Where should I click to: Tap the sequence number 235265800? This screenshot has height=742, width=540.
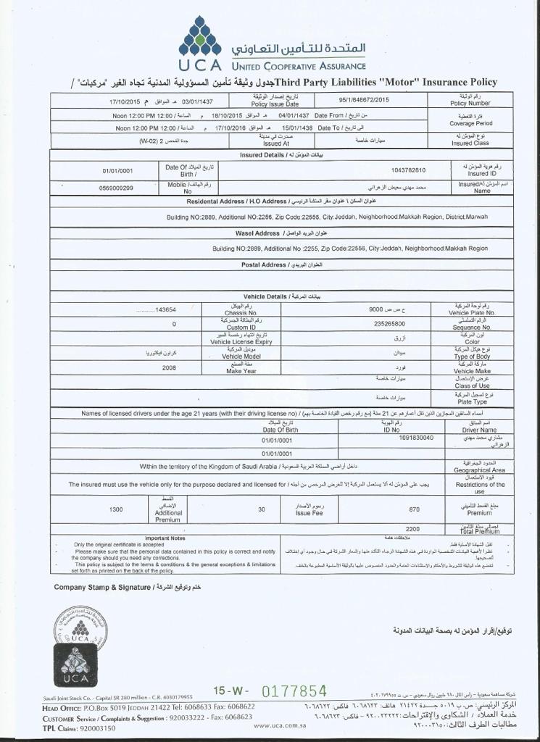coord(389,324)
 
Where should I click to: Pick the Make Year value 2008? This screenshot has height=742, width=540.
coord(169,367)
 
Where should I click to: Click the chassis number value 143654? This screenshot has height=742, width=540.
coord(166,309)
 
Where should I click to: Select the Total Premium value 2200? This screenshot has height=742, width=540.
coord(412,529)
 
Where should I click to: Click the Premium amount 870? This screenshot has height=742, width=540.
coord(414,509)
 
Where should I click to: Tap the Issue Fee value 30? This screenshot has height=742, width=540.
coord(262,509)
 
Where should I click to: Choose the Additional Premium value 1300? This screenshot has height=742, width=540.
coord(116,509)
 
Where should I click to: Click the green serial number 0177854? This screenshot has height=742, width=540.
coord(294,691)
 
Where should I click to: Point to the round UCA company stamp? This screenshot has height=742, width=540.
coord(80,628)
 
